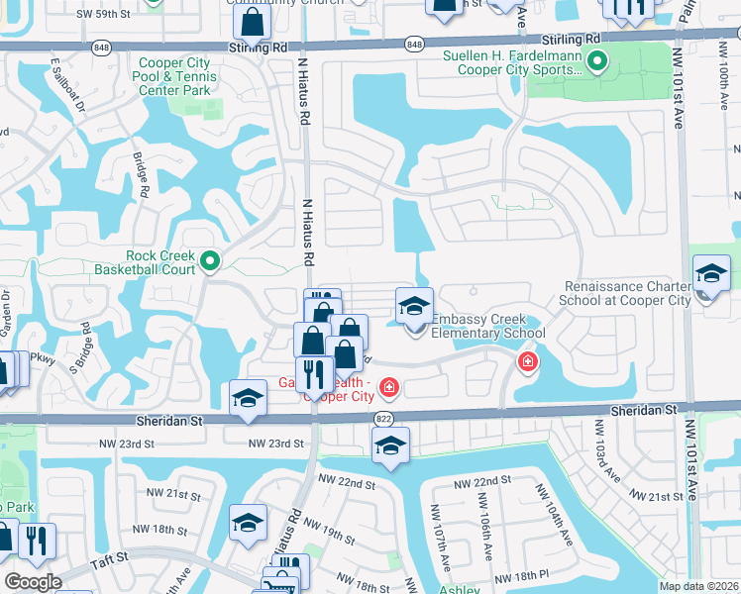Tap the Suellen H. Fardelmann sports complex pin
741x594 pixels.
pyautogui.click(x=596, y=64)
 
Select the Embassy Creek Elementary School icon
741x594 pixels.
pyautogui.click(x=415, y=305)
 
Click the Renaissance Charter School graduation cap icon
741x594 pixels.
pyautogui.click(x=711, y=272)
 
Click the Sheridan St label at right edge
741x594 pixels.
pyautogui.click(x=643, y=410)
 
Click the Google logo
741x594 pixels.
pyautogui.click(x=32, y=582)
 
